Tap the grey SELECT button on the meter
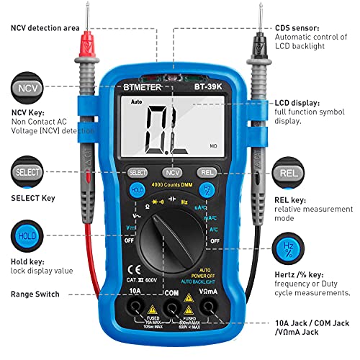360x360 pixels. pos(138,173)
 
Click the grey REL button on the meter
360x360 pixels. pos(207,173)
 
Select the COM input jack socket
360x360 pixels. pos(171,307)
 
